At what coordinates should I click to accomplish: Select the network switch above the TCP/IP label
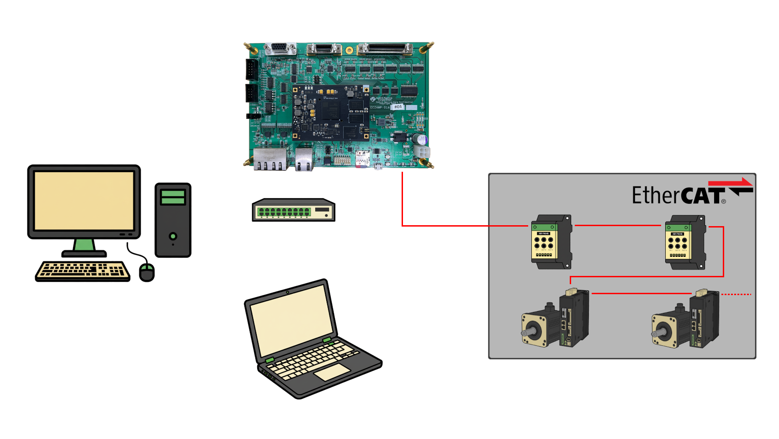tap(294, 210)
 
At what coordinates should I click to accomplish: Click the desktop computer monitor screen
tap(84, 201)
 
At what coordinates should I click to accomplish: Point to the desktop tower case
tap(173, 220)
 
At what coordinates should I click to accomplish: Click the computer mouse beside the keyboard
tap(147, 272)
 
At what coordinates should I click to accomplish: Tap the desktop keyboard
tap(83, 271)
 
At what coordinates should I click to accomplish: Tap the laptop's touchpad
tap(332, 372)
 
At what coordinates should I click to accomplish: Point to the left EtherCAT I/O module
tap(550, 242)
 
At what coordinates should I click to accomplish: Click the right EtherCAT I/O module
tap(684, 242)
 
